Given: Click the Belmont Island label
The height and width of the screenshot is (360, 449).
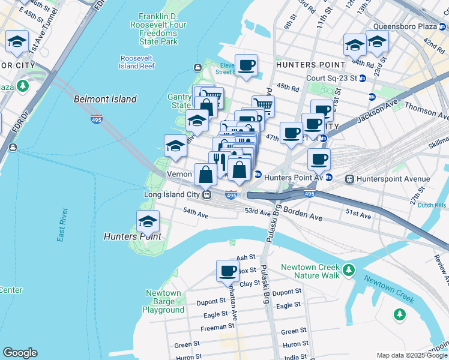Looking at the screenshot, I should click(105, 99).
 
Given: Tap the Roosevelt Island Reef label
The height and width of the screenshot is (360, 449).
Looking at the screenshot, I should click(137, 62).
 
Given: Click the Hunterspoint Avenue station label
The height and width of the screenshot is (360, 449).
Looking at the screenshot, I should click(393, 179).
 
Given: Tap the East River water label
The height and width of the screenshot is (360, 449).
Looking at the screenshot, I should click(61, 225).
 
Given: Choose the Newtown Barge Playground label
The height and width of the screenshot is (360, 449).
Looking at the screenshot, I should click(163, 302).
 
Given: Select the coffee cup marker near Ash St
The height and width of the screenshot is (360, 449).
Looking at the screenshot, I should click(228, 271).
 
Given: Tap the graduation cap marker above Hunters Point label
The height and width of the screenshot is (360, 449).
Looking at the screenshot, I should click(148, 222).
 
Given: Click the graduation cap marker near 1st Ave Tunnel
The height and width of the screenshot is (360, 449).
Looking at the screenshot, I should click(17, 42).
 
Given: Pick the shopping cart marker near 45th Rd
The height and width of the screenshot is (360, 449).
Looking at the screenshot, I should click(263, 107).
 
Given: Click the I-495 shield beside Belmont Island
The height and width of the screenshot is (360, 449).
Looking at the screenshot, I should click(97, 119).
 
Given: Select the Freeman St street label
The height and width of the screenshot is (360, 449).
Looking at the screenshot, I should click(217, 327).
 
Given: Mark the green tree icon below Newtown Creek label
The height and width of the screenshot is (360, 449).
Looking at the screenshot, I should click(399, 314).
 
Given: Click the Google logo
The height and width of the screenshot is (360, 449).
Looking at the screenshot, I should click(20, 353).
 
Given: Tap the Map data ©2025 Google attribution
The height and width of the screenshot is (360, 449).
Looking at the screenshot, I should click(411, 355).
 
